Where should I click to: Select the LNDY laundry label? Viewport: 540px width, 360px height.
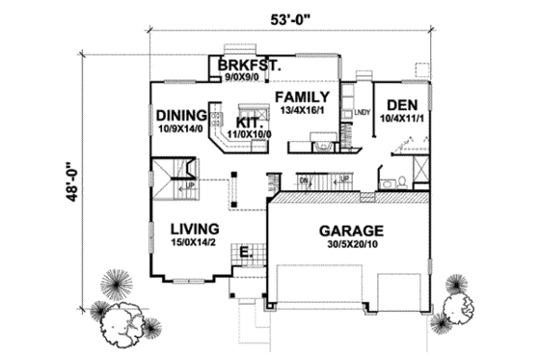point(363,114)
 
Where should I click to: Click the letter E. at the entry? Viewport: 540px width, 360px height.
point(246,253)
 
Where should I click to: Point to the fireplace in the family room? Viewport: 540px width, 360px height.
point(326,146)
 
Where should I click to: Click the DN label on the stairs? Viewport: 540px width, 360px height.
point(303,180)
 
